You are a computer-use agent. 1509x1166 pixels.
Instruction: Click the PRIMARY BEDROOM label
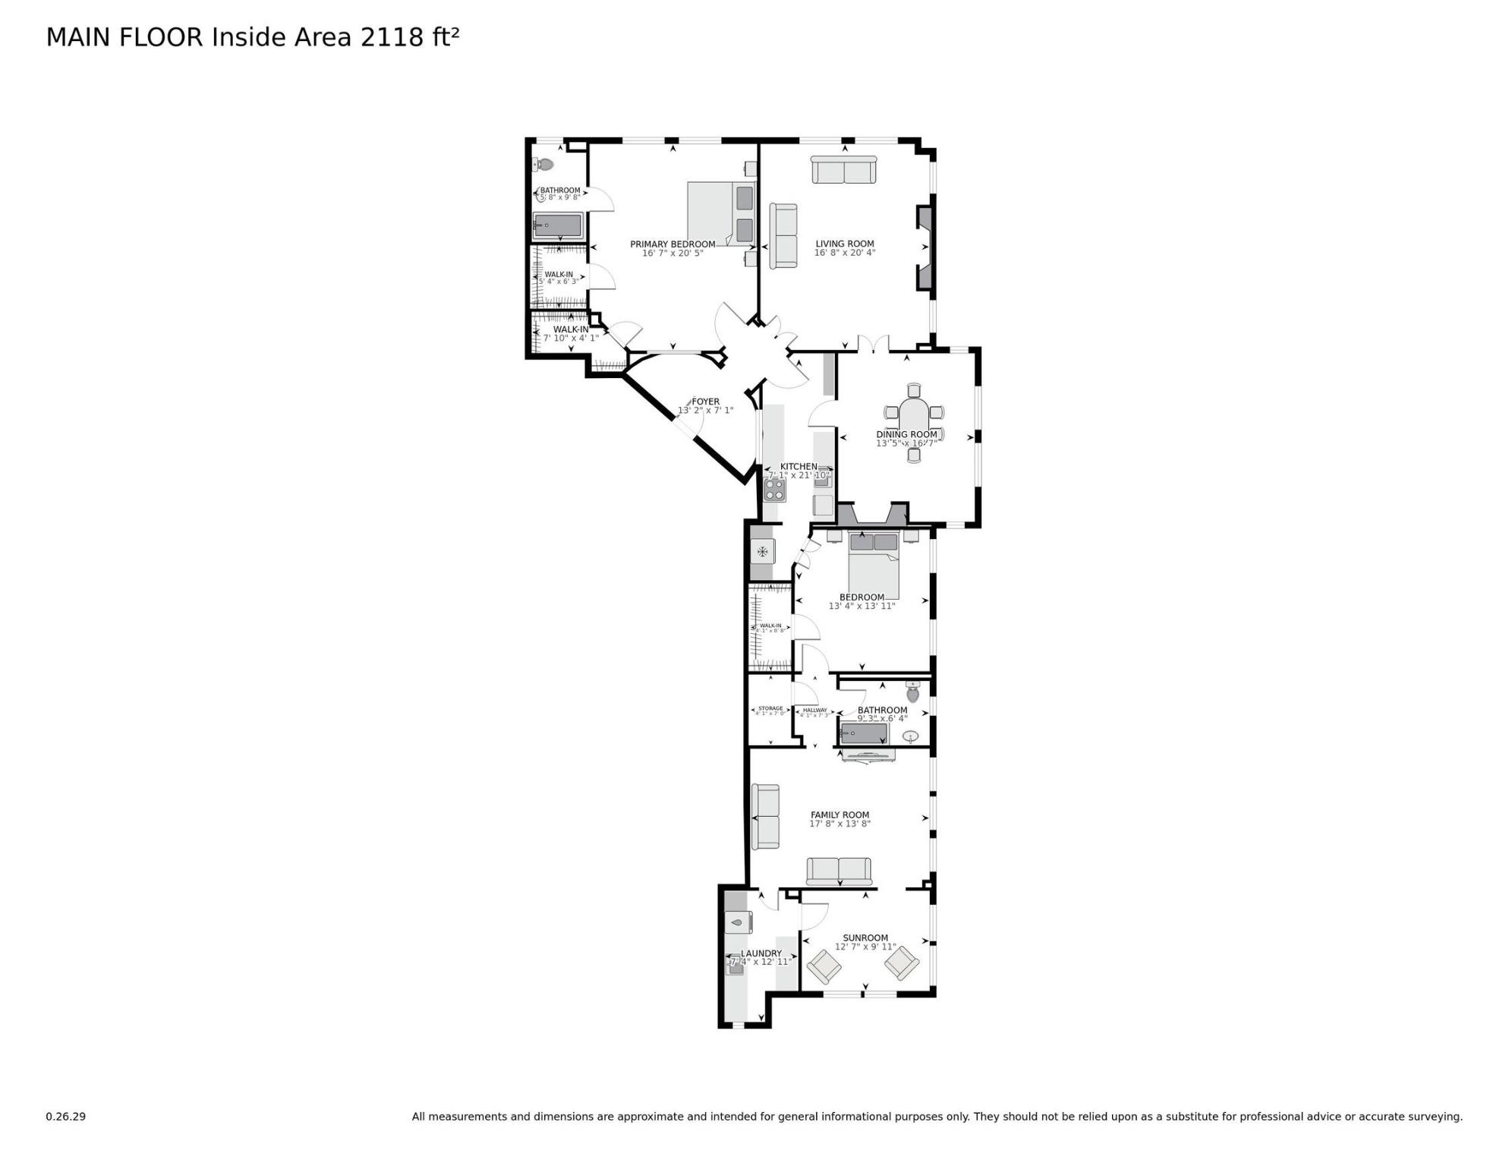[673, 244]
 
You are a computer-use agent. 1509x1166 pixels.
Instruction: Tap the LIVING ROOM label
[845, 244]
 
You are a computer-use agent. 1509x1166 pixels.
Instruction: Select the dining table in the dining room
[914, 421]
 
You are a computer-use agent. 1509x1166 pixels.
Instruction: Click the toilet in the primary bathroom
[543, 164]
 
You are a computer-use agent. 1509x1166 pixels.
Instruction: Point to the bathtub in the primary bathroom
[558, 225]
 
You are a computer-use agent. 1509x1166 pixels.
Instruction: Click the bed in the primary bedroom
[720, 213]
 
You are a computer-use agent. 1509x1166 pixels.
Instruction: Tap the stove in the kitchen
[775, 490]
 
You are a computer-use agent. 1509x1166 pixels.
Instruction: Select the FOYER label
[705, 402]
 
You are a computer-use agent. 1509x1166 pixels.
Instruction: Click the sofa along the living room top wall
[844, 170]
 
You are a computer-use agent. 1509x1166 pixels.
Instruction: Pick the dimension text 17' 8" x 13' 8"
[840, 824]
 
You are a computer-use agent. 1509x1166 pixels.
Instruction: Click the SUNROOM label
[865, 938]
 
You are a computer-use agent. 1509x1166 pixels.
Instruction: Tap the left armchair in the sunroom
[824, 966]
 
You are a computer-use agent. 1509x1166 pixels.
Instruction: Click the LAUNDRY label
[761, 953]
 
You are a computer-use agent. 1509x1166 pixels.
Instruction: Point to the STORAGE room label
[770, 708]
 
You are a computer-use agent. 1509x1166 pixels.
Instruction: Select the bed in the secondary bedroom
[874, 566]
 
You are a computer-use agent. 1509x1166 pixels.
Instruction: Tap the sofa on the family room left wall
[765, 817]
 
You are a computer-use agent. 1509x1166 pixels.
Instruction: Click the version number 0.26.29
[65, 1117]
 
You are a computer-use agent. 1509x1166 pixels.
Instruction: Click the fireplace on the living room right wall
[925, 247]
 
